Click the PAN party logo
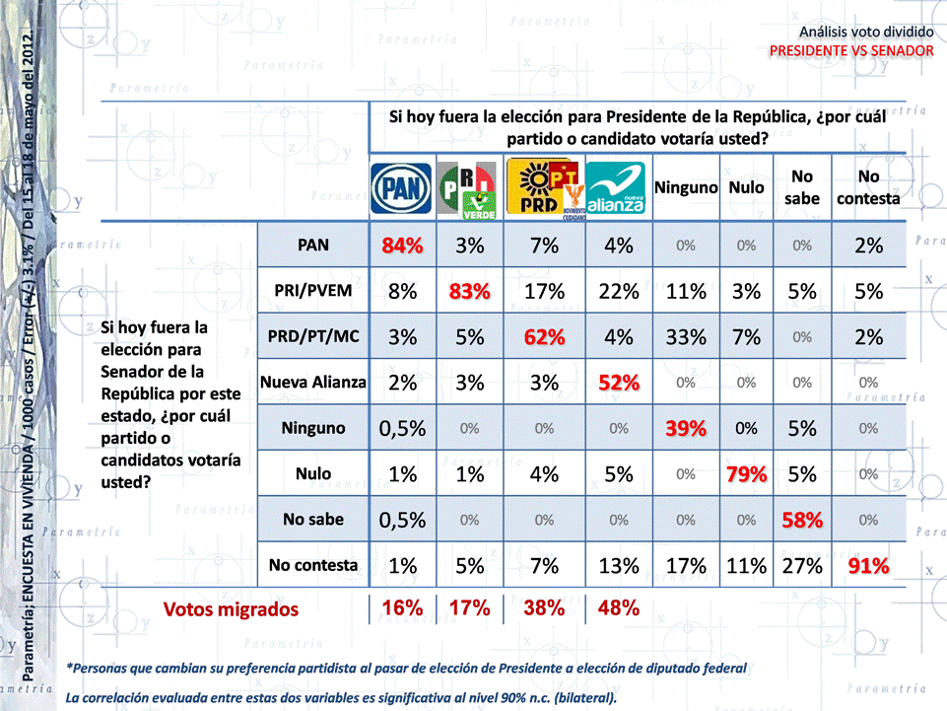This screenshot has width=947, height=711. point(401,187)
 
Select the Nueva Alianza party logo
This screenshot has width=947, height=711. point(616,187)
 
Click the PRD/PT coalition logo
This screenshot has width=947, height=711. point(543,187)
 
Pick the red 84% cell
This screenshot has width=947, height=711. point(402,247)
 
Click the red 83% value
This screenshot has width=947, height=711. point(469,292)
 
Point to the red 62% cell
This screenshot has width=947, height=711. point(544,337)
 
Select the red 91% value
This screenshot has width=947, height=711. point(868,566)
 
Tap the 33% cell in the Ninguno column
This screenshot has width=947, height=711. point(685,337)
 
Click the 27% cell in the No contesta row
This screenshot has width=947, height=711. point(802,566)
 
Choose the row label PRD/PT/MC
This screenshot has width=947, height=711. point(313,336)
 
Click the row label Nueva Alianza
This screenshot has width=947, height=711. point(313,382)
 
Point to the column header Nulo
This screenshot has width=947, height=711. point(747,187)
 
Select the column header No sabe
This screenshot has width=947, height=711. point(802,187)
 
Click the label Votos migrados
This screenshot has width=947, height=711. point(232,608)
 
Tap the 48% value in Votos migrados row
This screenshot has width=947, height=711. point(618,608)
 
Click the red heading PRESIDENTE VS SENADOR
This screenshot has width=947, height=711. point(850,49)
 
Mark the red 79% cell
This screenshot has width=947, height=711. point(747,474)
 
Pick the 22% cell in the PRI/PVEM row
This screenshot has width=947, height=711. point(618,292)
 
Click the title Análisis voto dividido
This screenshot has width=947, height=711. point(865,33)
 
